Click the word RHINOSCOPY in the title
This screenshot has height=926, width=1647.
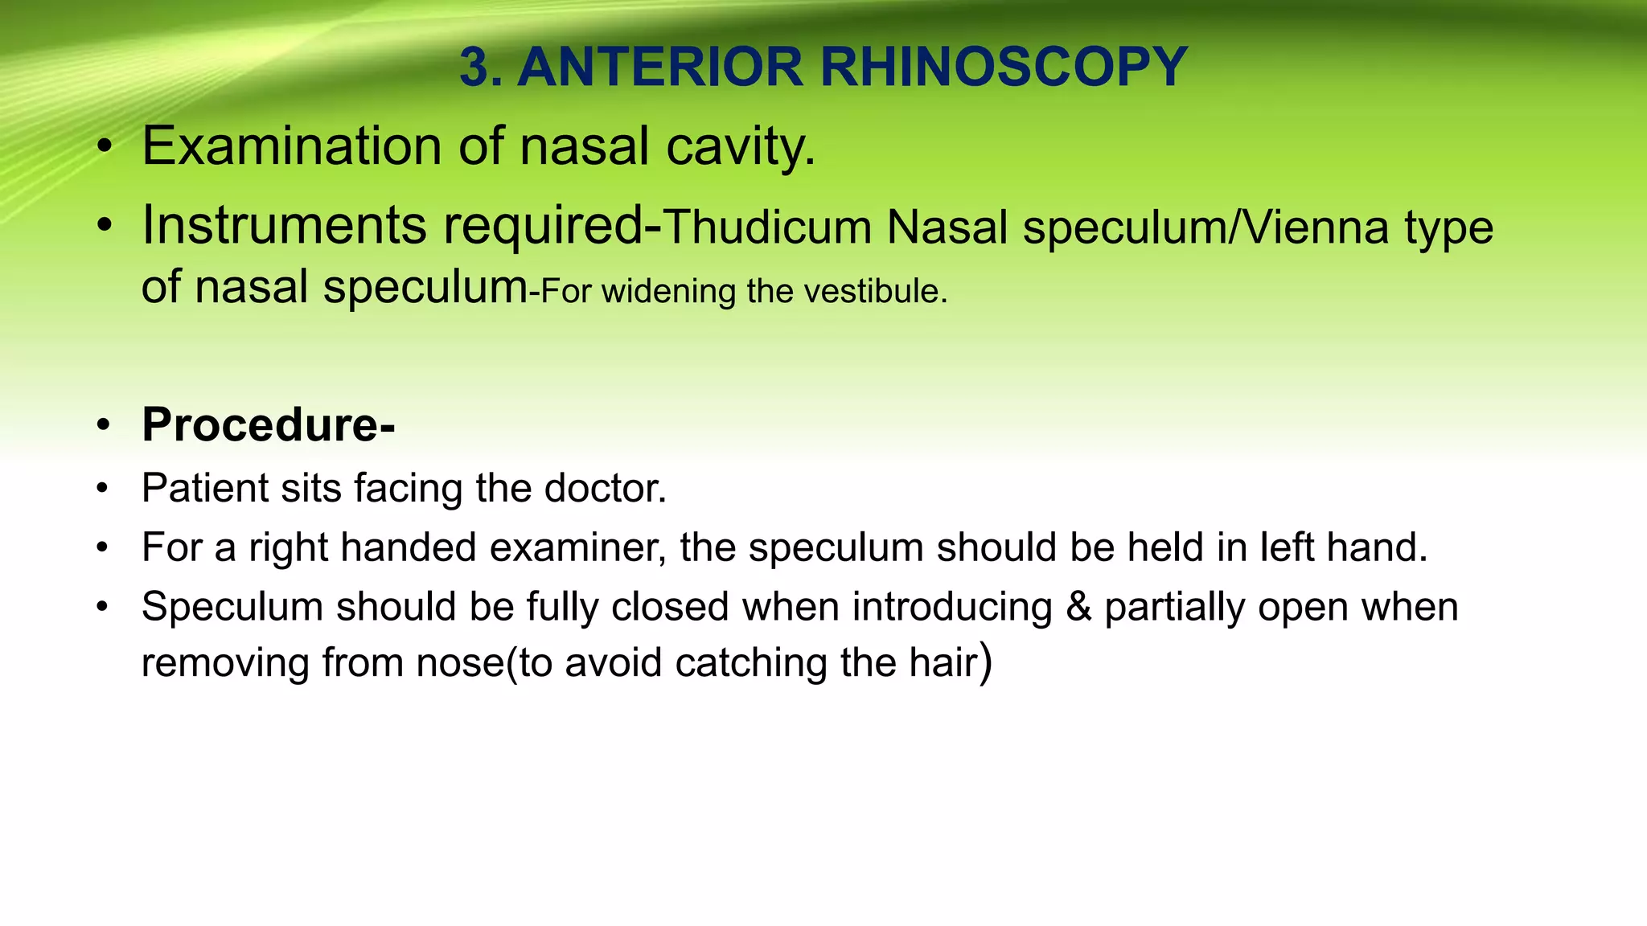tap(1004, 67)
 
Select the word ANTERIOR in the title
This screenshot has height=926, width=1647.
tap(659, 67)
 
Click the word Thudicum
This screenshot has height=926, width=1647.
tap(768, 227)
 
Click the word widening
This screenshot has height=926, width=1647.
tap(668, 292)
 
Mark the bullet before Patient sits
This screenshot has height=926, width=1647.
tap(102, 489)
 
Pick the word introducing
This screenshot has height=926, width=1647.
tap(952, 607)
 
